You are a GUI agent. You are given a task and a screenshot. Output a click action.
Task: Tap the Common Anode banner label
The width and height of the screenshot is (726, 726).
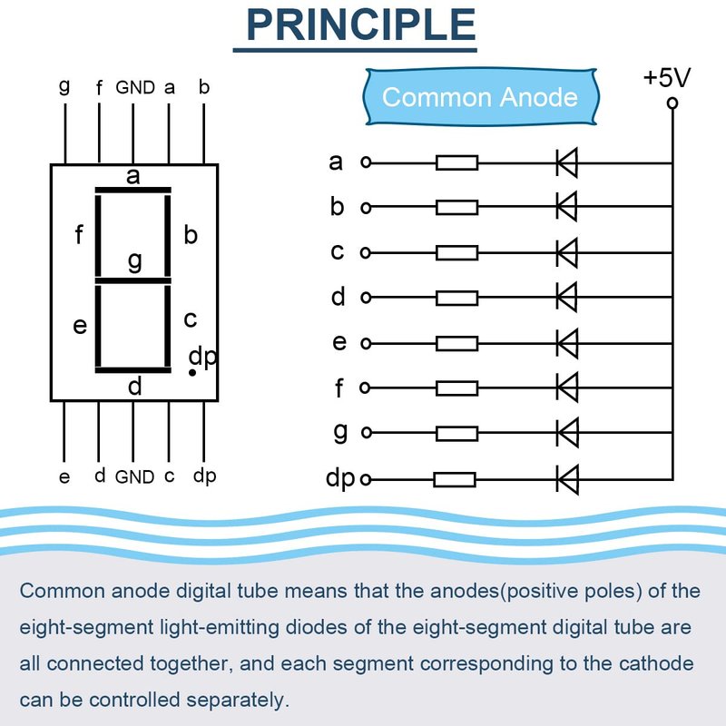click(x=479, y=97)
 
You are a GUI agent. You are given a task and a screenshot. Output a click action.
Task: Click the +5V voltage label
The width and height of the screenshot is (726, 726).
click(x=667, y=78)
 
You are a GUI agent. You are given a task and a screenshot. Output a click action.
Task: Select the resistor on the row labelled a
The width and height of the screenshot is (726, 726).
click(x=456, y=163)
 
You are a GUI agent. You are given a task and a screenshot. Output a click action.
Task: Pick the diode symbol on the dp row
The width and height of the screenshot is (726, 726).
click(x=567, y=477)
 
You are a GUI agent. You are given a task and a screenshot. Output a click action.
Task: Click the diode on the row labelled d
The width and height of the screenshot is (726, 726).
click(x=567, y=297)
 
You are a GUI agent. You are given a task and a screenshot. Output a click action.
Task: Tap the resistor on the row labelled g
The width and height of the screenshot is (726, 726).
click(x=456, y=433)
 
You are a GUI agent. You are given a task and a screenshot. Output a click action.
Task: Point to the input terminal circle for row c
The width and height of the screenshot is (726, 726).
click(x=366, y=252)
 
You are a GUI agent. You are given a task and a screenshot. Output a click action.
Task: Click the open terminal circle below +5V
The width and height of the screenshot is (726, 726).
click(x=672, y=103)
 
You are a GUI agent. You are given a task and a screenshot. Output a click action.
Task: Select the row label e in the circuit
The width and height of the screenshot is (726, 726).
click(x=339, y=343)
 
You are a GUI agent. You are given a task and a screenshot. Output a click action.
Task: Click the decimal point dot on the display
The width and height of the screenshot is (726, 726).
click(x=191, y=372)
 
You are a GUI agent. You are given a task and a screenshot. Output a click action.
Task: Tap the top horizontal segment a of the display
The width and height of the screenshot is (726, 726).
click(x=133, y=190)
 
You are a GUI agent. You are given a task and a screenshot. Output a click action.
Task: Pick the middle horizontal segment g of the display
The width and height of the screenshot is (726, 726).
click(x=133, y=280)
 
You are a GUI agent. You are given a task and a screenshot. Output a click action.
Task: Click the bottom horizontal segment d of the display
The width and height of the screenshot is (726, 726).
click(x=133, y=370)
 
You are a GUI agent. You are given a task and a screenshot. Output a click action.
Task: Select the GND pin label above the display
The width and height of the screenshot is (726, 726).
click(x=135, y=88)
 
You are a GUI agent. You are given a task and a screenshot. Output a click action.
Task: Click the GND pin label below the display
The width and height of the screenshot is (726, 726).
click(x=134, y=476)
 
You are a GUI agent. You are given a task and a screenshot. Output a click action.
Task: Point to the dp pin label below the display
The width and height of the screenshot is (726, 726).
click(x=204, y=476)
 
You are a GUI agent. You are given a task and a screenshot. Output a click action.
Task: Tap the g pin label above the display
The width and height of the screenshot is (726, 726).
click(x=64, y=87)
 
